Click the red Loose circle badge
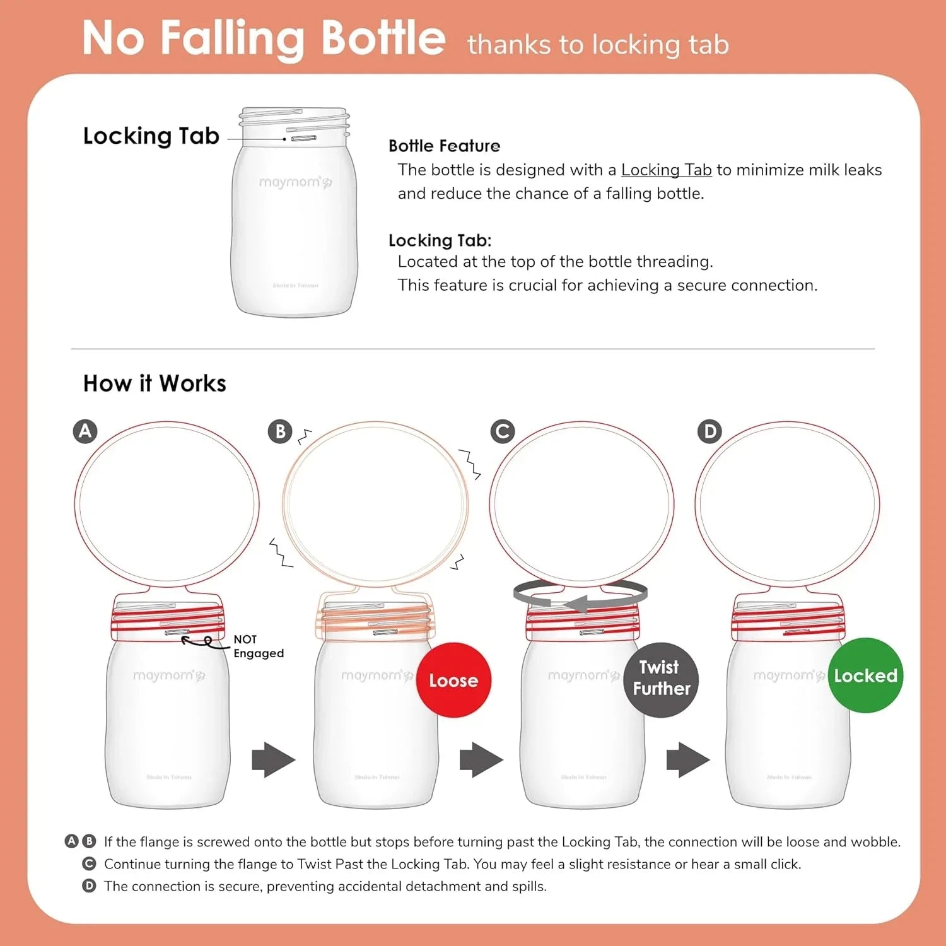453,680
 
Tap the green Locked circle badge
865,675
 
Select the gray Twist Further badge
661,679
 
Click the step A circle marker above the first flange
85,431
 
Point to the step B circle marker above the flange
280,431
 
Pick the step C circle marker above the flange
503,431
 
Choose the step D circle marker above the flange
709,431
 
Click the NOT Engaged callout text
258,646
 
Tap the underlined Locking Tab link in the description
666,170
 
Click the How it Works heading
155,383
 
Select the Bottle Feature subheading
444,146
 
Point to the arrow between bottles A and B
273,760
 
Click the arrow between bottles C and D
687,760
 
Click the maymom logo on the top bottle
295,182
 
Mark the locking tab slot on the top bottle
303,138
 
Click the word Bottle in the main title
383,38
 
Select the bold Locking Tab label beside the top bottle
151,136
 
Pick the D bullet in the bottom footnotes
90,886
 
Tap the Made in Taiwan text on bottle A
168,777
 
